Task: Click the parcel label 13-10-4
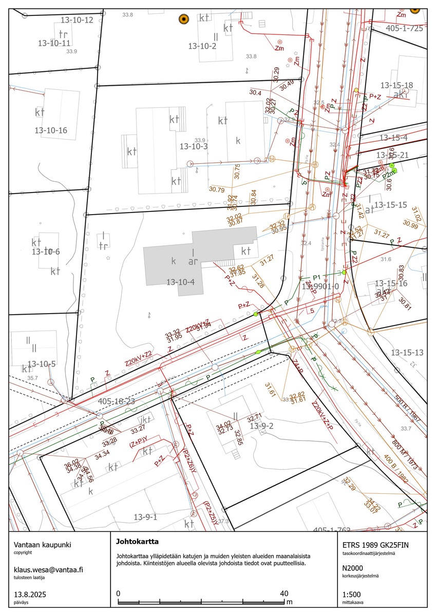click(x=181, y=282)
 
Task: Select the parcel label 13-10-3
click(x=194, y=146)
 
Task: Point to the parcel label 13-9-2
click(x=261, y=426)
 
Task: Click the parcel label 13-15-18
click(x=396, y=85)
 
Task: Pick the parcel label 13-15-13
click(x=407, y=353)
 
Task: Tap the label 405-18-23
click(x=116, y=401)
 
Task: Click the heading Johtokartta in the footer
click(x=137, y=541)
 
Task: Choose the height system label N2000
click(x=353, y=568)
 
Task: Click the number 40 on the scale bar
click(x=284, y=593)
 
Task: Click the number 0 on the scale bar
click(x=119, y=593)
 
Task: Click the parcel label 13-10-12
click(x=77, y=20)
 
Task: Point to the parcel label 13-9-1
click(x=145, y=517)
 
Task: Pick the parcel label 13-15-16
click(x=391, y=283)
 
